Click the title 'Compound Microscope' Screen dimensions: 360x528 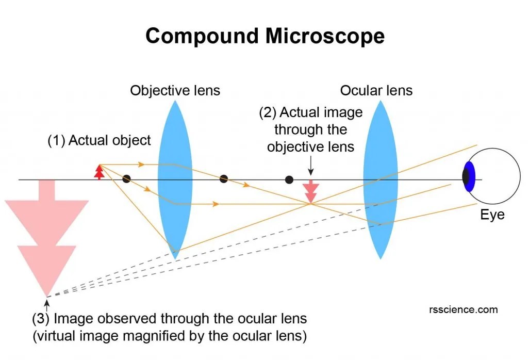pos(265,36)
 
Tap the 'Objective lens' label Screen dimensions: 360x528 pos(175,91)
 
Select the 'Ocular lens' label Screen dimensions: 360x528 pos(376,91)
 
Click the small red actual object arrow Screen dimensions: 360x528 pos(99,171)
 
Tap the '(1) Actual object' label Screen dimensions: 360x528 pos(100,140)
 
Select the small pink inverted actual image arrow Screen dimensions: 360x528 pos(310,192)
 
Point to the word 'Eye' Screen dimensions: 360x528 pos(492,215)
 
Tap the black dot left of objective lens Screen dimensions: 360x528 pos(126,179)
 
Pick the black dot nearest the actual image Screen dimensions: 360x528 pos(289,179)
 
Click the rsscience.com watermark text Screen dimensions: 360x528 pos(463,309)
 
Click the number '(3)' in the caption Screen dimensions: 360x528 pos(41,318)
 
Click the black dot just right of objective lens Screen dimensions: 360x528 pos(223,179)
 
